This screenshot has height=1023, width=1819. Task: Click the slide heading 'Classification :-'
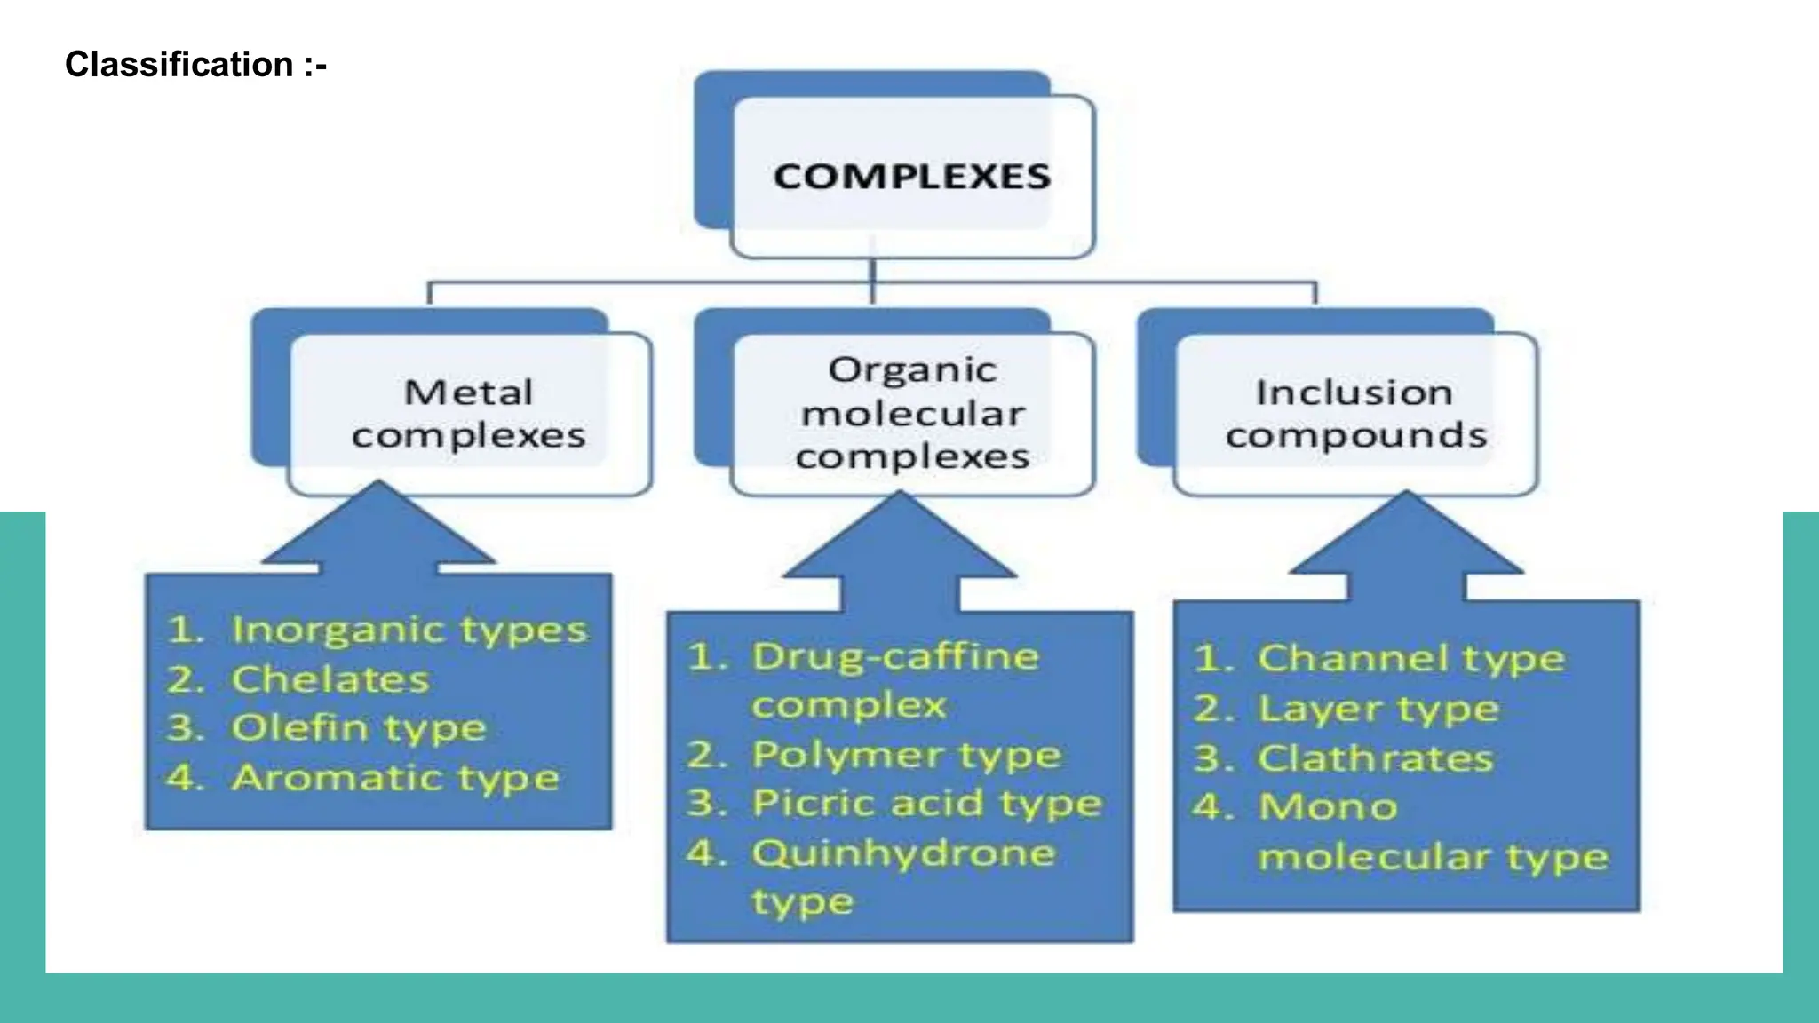(x=195, y=65)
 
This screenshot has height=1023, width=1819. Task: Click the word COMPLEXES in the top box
(x=912, y=177)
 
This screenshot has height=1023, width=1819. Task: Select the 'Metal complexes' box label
(x=469, y=414)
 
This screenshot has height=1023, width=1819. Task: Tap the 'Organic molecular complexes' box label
(x=912, y=414)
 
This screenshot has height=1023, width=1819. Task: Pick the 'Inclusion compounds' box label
(x=1355, y=414)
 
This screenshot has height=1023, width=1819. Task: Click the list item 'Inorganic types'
(x=409, y=630)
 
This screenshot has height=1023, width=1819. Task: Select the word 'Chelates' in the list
(x=330, y=680)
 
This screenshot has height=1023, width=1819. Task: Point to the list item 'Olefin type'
(x=359, y=729)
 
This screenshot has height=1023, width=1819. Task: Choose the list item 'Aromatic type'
(x=395, y=779)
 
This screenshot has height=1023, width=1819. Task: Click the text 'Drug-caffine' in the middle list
(x=895, y=657)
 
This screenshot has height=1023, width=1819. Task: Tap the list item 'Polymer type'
(x=906, y=756)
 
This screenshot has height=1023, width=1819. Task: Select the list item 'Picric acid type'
(x=926, y=804)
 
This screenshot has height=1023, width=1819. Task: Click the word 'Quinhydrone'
(x=903, y=853)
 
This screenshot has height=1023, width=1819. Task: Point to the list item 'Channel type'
(x=1410, y=659)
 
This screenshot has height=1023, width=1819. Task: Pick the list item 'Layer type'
(x=1378, y=710)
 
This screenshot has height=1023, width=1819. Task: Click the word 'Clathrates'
(x=1375, y=759)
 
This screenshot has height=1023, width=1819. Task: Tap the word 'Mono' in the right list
(x=1328, y=807)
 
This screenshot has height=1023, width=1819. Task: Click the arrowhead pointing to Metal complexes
(x=379, y=528)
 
